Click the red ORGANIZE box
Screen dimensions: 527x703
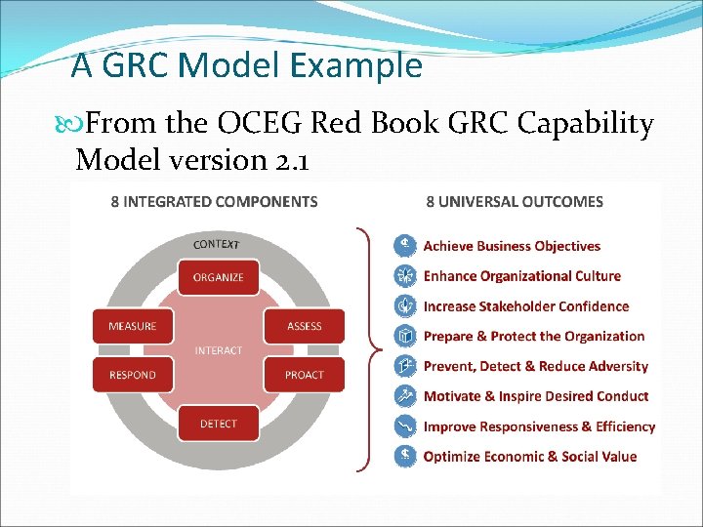click(219, 277)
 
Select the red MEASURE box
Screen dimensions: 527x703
click(133, 326)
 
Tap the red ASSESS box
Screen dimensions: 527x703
click(304, 326)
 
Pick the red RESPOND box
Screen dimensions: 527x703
click(133, 375)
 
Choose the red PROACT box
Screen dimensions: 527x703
click(304, 375)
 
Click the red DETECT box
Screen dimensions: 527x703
click(219, 424)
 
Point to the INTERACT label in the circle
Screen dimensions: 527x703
click(219, 350)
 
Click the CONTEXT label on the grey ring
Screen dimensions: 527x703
click(217, 244)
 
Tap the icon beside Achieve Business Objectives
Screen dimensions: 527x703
click(403, 245)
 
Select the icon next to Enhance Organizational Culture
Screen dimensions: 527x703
click(403, 275)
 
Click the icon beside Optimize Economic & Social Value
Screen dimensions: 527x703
click(403, 456)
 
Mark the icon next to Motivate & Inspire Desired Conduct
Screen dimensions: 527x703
click(403, 395)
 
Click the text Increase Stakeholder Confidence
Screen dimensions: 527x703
click(525, 306)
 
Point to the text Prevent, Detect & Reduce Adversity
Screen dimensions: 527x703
click(535, 366)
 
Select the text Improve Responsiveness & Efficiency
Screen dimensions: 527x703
click(539, 426)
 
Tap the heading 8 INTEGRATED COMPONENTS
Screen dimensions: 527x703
click(214, 202)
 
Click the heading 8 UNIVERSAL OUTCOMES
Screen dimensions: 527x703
click(515, 202)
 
